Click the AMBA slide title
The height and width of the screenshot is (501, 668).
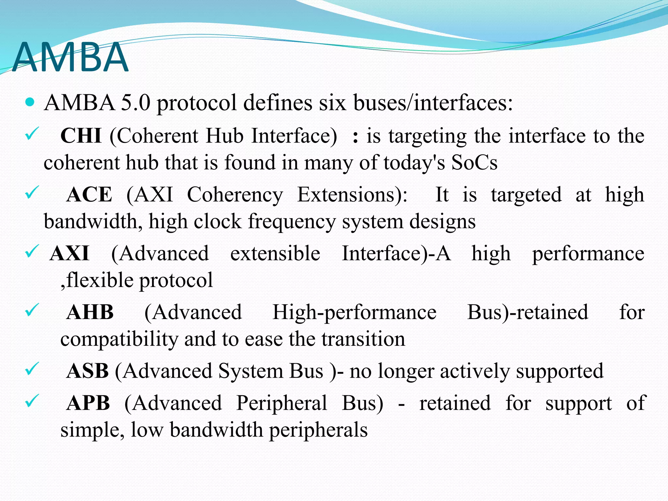point(70,57)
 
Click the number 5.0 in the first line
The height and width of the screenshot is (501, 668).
point(135,103)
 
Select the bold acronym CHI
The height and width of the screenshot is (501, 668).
point(81,136)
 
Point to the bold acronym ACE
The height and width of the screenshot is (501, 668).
point(89,195)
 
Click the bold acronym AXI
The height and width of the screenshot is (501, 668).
point(69,253)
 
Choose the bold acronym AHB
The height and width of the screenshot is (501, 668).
point(90,312)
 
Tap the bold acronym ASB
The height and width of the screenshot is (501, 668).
point(87,371)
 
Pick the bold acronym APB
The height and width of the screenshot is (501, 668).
point(88,403)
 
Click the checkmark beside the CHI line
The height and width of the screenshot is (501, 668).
point(32,134)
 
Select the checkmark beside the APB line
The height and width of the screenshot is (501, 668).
point(32,401)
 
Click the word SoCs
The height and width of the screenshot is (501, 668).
point(474,162)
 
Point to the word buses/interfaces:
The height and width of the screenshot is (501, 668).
point(433,103)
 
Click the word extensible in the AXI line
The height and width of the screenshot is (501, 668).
point(275,253)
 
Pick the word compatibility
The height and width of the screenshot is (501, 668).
point(119,339)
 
